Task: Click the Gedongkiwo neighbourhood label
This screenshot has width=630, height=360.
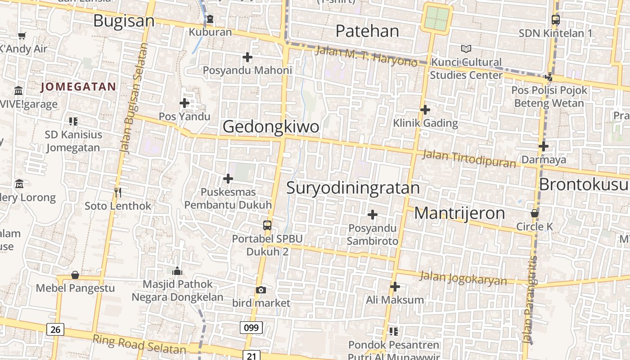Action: (271, 126)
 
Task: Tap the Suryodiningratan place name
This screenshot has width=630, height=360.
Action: (353, 188)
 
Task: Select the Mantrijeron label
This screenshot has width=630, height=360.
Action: (459, 213)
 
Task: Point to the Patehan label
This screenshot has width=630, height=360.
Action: (367, 31)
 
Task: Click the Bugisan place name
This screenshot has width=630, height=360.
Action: (124, 21)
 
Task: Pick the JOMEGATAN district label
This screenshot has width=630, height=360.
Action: (78, 87)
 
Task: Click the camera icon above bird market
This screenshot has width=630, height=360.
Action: (261, 290)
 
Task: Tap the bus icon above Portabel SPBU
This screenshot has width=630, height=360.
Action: (267, 225)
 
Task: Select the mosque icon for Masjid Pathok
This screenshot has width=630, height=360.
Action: (177, 271)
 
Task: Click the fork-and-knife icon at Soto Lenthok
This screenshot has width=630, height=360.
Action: (118, 193)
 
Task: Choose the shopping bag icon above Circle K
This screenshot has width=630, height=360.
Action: (535, 213)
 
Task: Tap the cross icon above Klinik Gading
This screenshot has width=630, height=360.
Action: (425, 110)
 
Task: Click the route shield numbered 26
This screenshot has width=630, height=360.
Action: (55, 329)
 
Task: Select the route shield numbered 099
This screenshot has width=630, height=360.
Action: (251, 328)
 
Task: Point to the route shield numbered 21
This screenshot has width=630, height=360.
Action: (251, 356)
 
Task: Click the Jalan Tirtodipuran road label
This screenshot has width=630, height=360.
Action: (469, 159)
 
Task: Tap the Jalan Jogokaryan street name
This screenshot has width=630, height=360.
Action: (463, 278)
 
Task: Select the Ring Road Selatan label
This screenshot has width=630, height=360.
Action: (139, 344)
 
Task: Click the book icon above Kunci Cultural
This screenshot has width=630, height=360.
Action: (466, 49)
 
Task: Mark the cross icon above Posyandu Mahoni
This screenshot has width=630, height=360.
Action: (247, 57)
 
